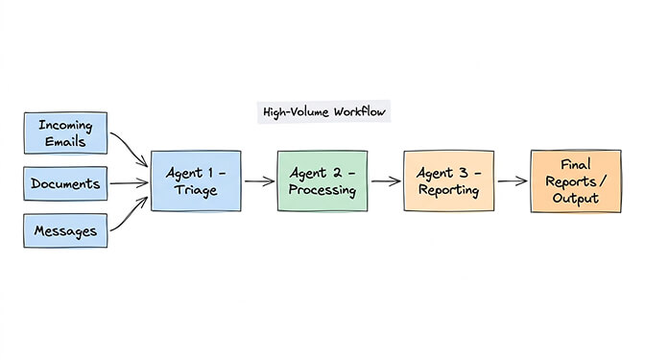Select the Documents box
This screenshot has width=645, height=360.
click(x=65, y=184)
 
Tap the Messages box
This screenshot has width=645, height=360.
click(x=65, y=230)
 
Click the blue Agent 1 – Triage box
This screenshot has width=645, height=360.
click(x=196, y=180)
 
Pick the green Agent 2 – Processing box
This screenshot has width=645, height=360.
click(x=322, y=180)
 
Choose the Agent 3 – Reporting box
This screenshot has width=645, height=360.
click(x=448, y=180)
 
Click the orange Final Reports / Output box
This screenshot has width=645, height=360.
click(x=576, y=180)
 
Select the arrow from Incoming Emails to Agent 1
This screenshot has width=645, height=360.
click(x=129, y=146)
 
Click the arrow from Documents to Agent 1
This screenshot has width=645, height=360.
click(x=129, y=182)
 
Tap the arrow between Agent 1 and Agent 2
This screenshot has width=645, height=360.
click(x=259, y=180)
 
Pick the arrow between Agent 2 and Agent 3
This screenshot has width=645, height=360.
click(x=386, y=180)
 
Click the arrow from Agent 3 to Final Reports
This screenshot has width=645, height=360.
click(x=512, y=180)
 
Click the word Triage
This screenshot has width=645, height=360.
click(x=196, y=190)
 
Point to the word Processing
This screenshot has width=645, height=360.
click(x=322, y=190)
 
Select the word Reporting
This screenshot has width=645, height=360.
click(x=448, y=190)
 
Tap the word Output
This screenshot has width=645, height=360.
click(x=576, y=199)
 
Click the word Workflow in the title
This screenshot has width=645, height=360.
click(x=360, y=112)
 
